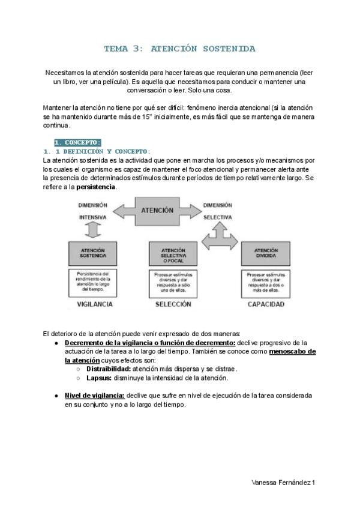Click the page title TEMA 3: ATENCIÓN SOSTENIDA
(179, 48)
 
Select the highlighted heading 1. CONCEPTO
(77, 142)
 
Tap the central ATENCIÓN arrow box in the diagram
(158, 211)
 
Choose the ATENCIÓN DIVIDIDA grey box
(265, 253)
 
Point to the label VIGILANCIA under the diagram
(95, 304)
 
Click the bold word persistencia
(96, 187)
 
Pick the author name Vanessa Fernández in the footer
(280, 483)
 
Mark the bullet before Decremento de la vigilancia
(56, 343)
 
